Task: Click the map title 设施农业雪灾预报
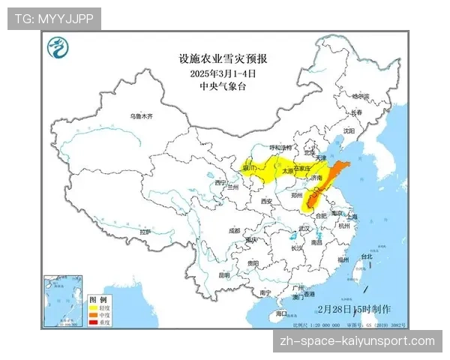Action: pyautogui.click(x=223, y=58)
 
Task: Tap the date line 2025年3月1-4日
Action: pyautogui.click(x=223, y=73)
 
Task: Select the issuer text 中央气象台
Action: pyautogui.click(x=223, y=87)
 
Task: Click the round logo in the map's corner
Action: pyautogui.click(x=58, y=49)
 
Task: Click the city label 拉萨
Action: pyautogui.click(x=145, y=232)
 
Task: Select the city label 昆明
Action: pyautogui.click(x=223, y=276)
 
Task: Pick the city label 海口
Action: pyautogui.click(x=282, y=313)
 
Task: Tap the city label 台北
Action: pyautogui.click(x=367, y=256)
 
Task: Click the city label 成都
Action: pyautogui.click(x=235, y=230)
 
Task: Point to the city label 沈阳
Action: pyautogui.click(x=348, y=130)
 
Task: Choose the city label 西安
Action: pyautogui.click(x=265, y=201)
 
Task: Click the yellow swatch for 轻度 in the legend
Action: pyautogui.click(x=94, y=307)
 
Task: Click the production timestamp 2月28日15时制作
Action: pyautogui.click(x=354, y=308)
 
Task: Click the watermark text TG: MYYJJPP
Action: pyautogui.click(x=54, y=18)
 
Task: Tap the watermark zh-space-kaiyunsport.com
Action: pyautogui.click(x=355, y=341)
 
